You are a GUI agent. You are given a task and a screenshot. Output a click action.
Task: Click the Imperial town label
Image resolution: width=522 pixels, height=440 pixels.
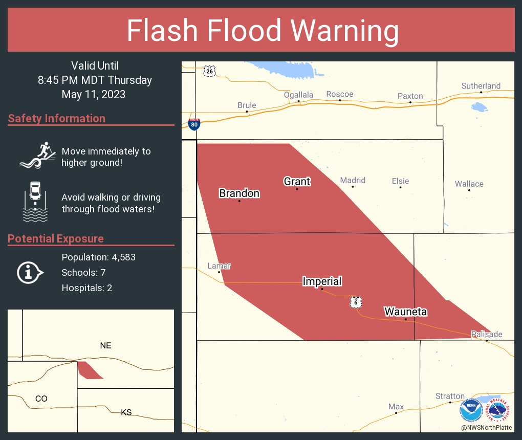(x=322, y=281)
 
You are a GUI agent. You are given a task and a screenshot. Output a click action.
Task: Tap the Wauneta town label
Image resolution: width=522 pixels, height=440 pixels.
(x=405, y=312)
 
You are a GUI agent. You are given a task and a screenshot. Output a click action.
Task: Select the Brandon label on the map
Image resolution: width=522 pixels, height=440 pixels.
(x=239, y=193)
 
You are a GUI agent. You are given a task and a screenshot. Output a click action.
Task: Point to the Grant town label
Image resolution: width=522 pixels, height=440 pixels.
(x=297, y=181)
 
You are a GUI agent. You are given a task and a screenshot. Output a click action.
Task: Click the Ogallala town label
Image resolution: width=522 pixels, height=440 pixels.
(x=298, y=95)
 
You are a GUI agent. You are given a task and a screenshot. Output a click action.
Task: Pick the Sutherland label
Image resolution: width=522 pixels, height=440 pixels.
(x=481, y=85)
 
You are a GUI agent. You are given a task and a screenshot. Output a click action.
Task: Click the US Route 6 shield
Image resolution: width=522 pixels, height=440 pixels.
(x=356, y=302)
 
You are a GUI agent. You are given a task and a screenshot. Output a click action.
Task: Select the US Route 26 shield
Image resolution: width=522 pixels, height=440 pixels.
(x=209, y=71)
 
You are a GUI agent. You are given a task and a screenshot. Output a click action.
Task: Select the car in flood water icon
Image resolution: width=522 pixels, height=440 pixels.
(x=35, y=201)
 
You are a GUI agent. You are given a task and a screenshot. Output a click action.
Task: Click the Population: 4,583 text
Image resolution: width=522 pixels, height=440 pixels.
(x=98, y=257)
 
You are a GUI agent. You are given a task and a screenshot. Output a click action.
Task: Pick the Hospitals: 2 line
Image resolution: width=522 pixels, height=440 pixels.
(x=86, y=288)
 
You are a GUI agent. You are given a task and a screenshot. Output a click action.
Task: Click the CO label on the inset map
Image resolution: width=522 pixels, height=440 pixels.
(x=41, y=399)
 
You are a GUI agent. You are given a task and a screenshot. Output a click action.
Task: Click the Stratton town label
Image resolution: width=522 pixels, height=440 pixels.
(x=450, y=396)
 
